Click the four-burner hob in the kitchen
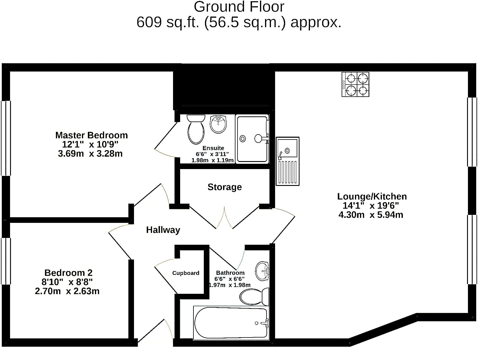pos(355,84)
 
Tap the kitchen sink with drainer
pos(288,161)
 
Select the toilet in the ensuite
pos(196,129)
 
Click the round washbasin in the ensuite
pos(218,124)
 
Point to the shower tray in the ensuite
pos(252,139)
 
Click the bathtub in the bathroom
pos(231,323)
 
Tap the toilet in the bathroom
pos(254,297)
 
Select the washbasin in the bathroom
pos(262,271)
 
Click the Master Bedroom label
pos(91,135)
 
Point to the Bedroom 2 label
pos(68,273)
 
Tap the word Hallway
pos(163,230)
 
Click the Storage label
pos(225,187)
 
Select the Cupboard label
pos(186,273)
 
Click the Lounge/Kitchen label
pos(372,197)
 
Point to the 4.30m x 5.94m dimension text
pos(371,215)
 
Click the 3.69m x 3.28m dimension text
pos(90,154)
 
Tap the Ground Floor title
pos(239,7)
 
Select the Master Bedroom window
pos(6,138)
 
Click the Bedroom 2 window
pos(6,261)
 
